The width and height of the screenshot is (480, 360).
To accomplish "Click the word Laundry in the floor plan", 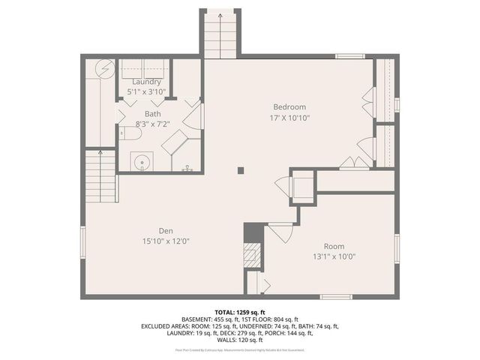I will coord(146,81).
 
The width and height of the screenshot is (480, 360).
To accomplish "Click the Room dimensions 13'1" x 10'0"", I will coord(334,256).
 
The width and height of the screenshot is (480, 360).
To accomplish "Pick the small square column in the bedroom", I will coord(240,170).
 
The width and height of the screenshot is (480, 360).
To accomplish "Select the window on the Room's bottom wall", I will coord(336,297).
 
